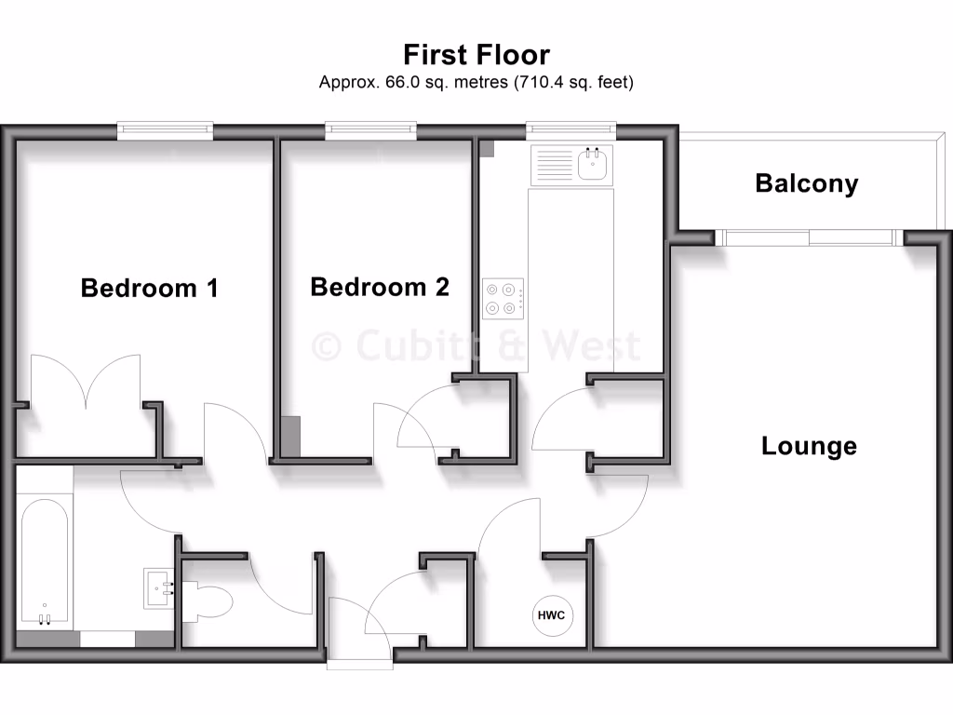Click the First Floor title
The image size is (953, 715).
476,53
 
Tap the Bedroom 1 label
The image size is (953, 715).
149,288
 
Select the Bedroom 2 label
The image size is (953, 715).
379,287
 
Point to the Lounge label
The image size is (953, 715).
808,446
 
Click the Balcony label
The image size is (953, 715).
806,183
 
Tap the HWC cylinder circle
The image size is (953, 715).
552,615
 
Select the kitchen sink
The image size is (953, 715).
592,166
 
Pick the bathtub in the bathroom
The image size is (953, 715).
44,563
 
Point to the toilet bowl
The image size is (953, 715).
209,599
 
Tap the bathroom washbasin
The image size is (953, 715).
159,588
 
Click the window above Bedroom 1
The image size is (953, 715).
165,131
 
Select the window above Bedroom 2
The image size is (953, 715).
370,131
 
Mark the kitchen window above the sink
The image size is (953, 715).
570,131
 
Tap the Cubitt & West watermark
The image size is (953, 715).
476,346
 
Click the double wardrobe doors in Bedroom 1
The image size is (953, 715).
87,382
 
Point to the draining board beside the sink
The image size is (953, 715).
552,166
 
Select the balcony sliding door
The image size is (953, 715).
810,238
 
